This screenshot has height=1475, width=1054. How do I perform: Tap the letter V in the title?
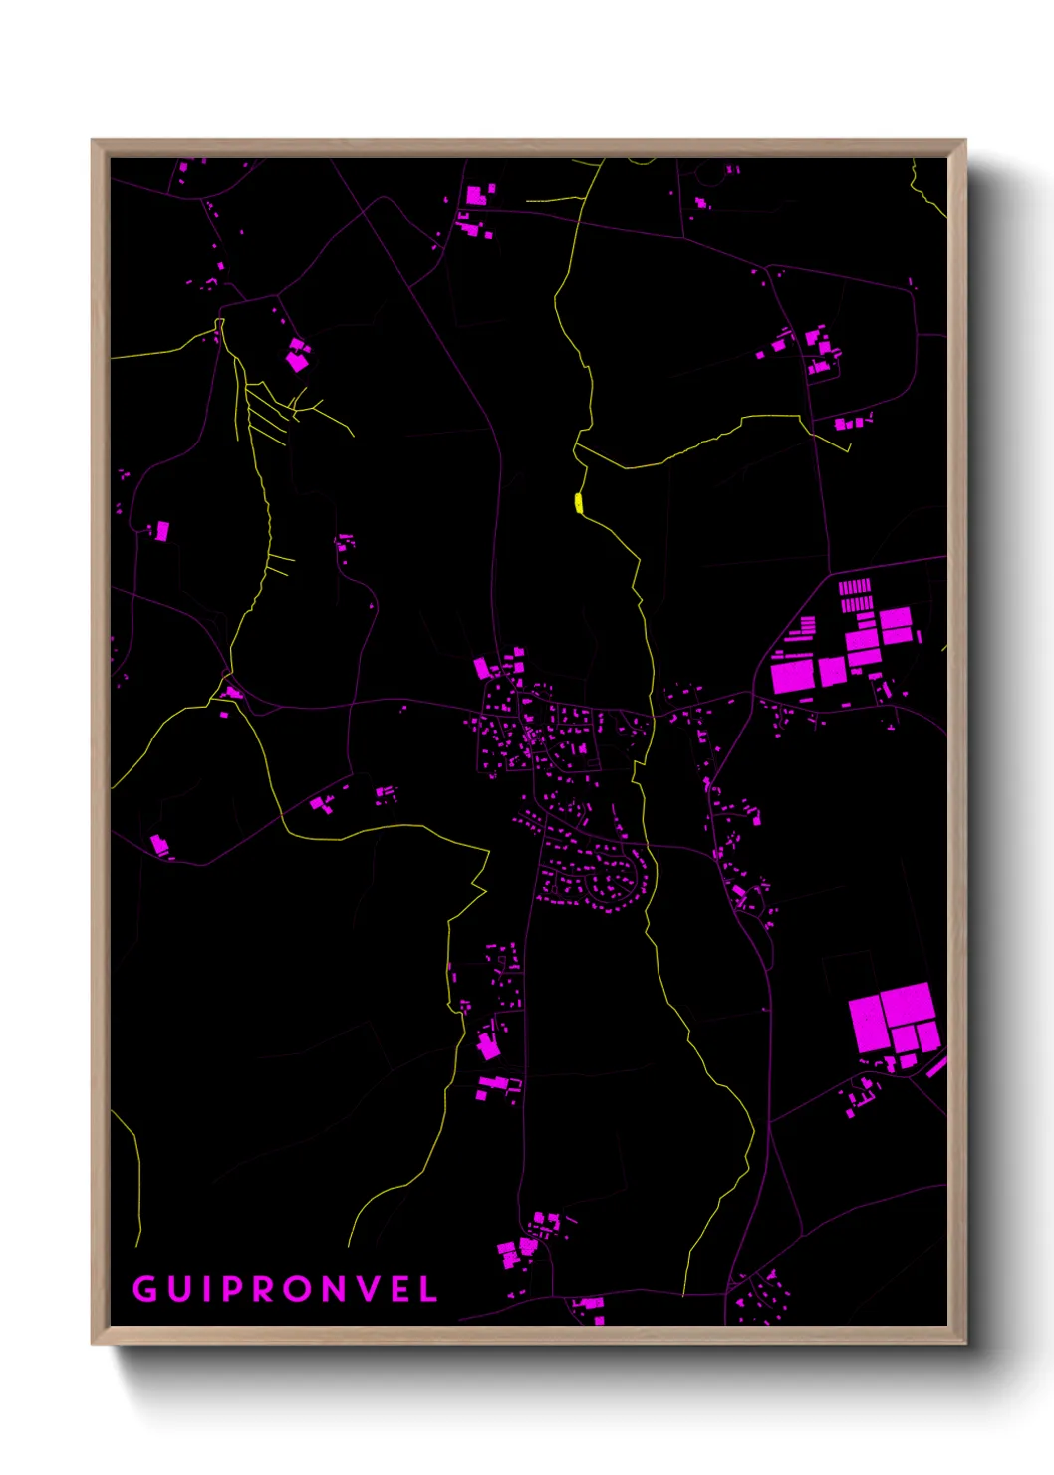pos(370,1289)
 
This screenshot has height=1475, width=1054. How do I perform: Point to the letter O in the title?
pos(297,1289)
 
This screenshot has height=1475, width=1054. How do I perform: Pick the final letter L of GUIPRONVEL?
pos(429,1289)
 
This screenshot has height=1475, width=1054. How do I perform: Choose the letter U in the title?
pos(177,1289)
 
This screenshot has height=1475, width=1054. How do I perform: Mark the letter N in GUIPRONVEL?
pos(334,1289)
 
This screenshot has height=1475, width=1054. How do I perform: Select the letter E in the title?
pos(401,1289)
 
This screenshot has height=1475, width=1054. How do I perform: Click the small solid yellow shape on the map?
pos(578,503)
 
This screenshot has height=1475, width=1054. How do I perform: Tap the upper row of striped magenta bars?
pos(855,586)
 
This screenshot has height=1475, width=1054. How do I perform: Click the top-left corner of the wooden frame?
pos(93,141)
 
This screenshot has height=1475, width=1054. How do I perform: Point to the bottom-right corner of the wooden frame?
pos(964,1343)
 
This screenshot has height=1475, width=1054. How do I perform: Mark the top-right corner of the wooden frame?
pos(964,141)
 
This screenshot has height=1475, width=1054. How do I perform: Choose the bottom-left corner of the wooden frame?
pos(93,1343)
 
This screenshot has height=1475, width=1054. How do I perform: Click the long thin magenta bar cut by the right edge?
pos(936,1067)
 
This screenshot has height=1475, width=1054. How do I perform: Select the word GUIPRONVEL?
pos(286,1289)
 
